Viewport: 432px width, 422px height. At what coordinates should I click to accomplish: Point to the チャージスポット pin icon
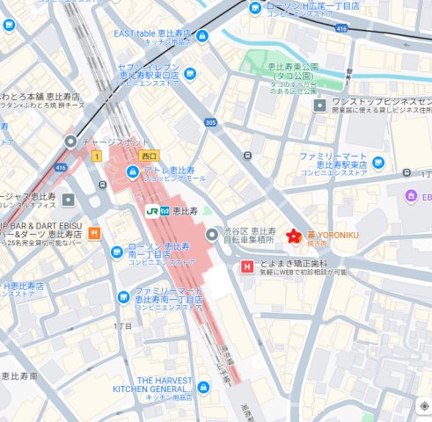[x=70, y=141]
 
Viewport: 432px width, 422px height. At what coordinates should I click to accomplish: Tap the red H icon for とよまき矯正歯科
[x=247, y=266]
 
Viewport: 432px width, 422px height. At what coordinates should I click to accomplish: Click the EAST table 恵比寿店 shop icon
[x=202, y=35]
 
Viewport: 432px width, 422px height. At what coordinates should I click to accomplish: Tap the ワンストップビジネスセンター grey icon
[x=321, y=105]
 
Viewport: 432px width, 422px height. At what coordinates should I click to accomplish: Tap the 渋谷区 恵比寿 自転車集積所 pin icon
[x=211, y=235]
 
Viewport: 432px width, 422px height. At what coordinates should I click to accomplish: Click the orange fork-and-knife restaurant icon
[x=94, y=234]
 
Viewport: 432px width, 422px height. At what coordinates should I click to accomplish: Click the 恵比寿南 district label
[x=19, y=375]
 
